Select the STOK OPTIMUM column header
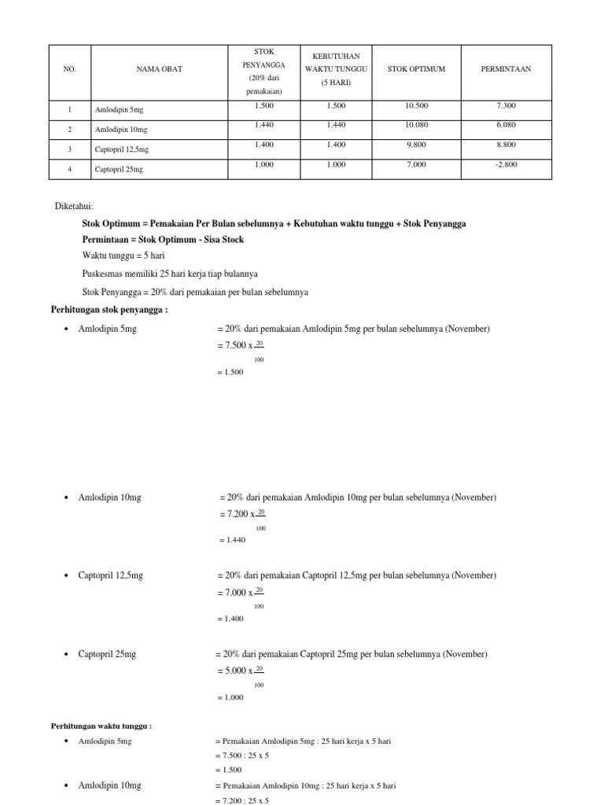tap(416, 69)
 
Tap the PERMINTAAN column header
tap(506, 69)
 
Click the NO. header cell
tap(69, 69)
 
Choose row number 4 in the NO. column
tap(69, 169)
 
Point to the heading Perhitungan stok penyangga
tap(109, 309)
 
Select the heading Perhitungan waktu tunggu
tap(101, 726)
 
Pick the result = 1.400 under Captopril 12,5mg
tap(229, 619)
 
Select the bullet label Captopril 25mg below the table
tap(107, 654)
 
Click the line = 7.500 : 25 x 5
tap(241, 755)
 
